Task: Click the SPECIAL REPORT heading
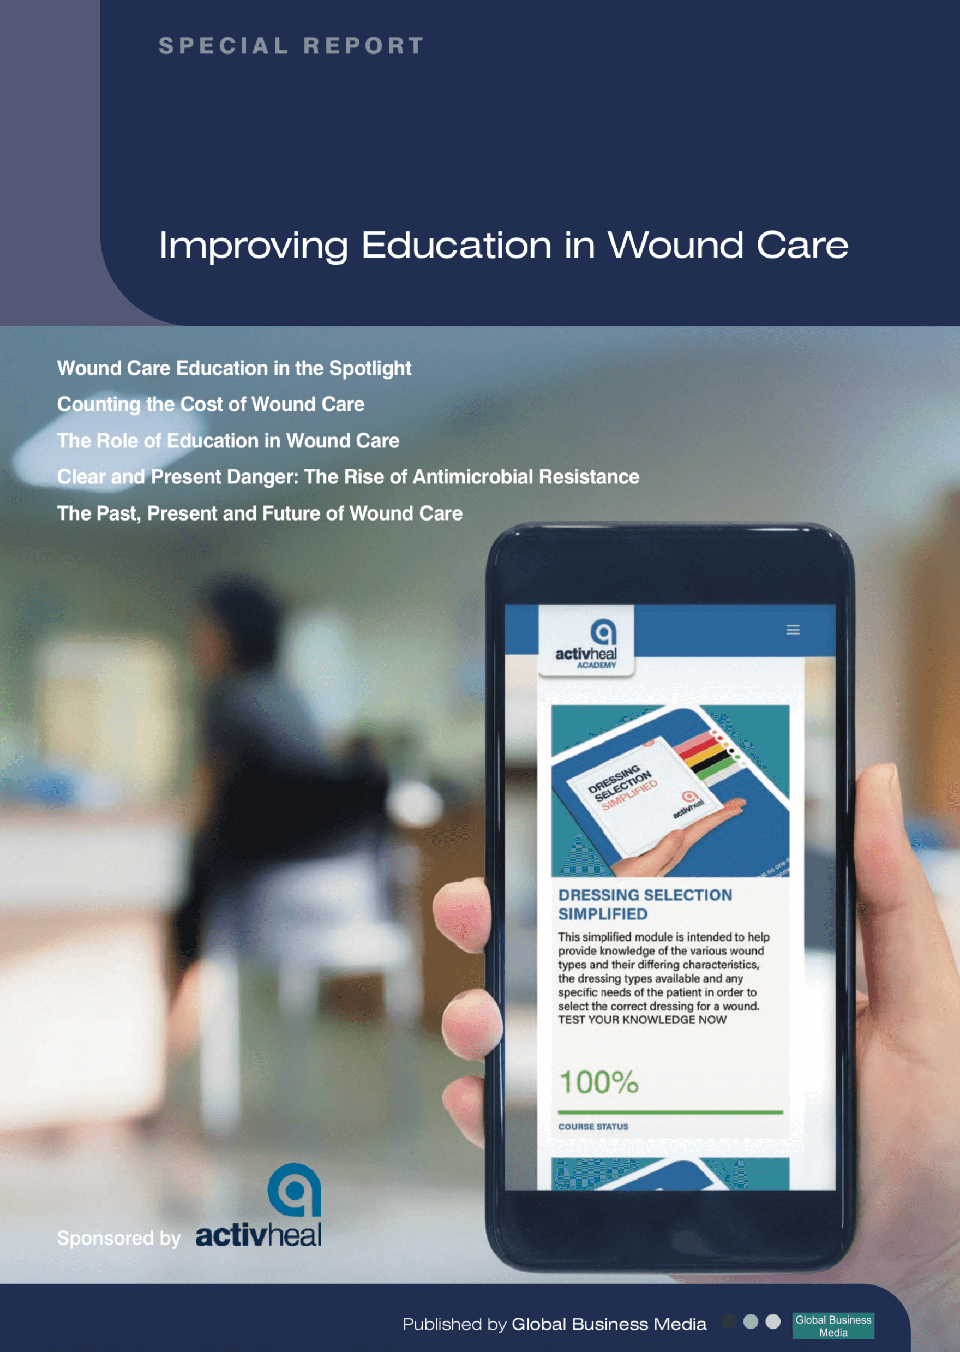pos(291,45)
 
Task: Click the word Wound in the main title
pos(676,245)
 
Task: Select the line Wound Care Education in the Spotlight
pos(234,368)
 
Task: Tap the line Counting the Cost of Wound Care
pos(211,404)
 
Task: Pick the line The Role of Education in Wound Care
pos(228,440)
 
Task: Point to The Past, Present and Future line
pos(260,513)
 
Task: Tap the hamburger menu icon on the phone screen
pos(793,630)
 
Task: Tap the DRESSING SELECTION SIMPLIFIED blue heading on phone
pos(645,905)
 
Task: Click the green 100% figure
pos(599,1082)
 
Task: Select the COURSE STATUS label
pos(593,1127)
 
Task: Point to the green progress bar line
pos(670,1112)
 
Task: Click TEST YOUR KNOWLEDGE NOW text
pos(642,1020)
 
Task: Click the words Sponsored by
pos(119,1239)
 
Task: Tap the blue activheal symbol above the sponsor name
pos(295,1189)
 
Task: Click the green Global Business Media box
pos(833,1326)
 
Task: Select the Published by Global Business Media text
pos(555,1324)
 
